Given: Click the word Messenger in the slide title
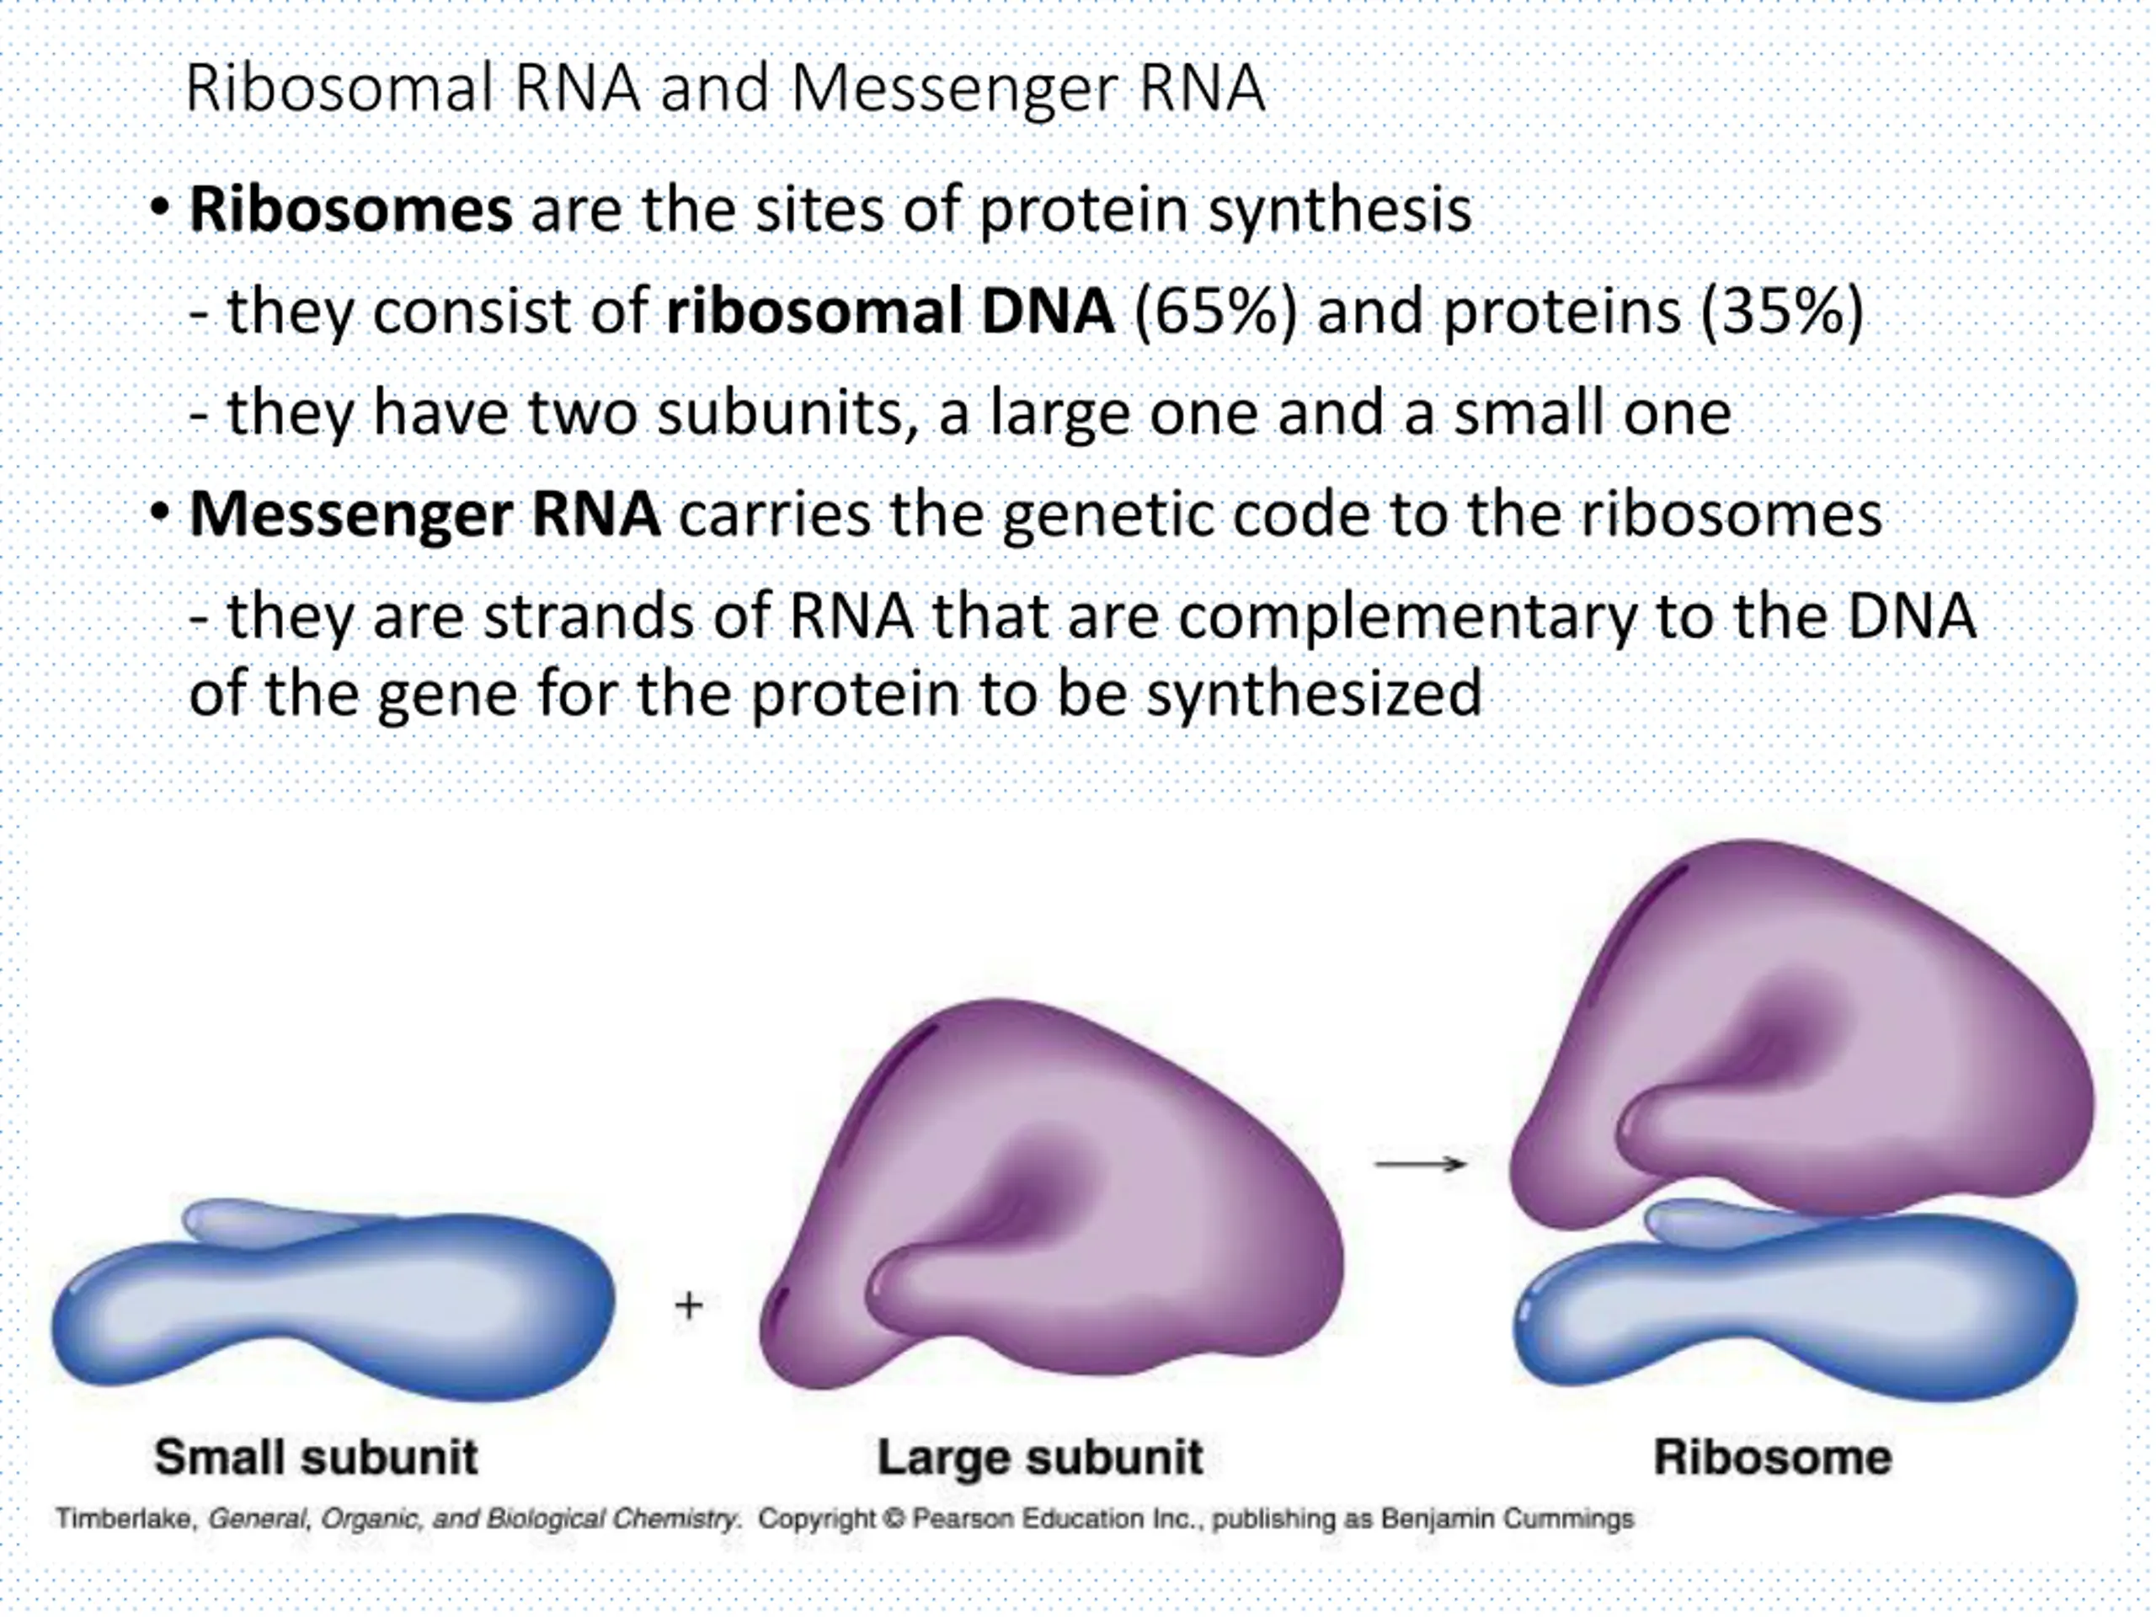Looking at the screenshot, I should pyautogui.click(x=954, y=89).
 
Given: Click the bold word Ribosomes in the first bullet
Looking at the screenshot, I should pyautogui.click(x=350, y=210).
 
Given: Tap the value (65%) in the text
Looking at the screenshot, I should pyautogui.click(x=1214, y=312).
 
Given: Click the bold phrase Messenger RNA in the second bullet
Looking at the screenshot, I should pyautogui.click(x=424, y=515).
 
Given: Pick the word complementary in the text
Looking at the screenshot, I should pyautogui.click(x=1406, y=618).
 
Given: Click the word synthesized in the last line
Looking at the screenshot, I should pyautogui.click(x=1313, y=694).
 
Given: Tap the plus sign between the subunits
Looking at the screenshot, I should pyautogui.click(x=689, y=1305).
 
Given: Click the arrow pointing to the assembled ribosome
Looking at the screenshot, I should pyautogui.click(x=1420, y=1164).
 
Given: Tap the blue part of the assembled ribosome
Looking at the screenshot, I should pyautogui.click(x=1793, y=1306).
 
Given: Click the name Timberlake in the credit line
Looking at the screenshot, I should pyautogui.click(x=123, y=1519).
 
